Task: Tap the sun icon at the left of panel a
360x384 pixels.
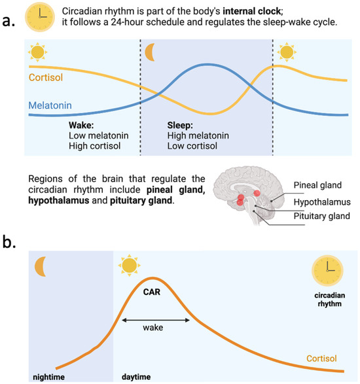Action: (x=37, y=51)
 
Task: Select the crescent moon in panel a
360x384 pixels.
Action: (x=150, y=50)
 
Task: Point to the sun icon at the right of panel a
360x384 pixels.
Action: (x=286, y=51)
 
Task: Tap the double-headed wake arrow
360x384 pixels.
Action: (x=153, y=320)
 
